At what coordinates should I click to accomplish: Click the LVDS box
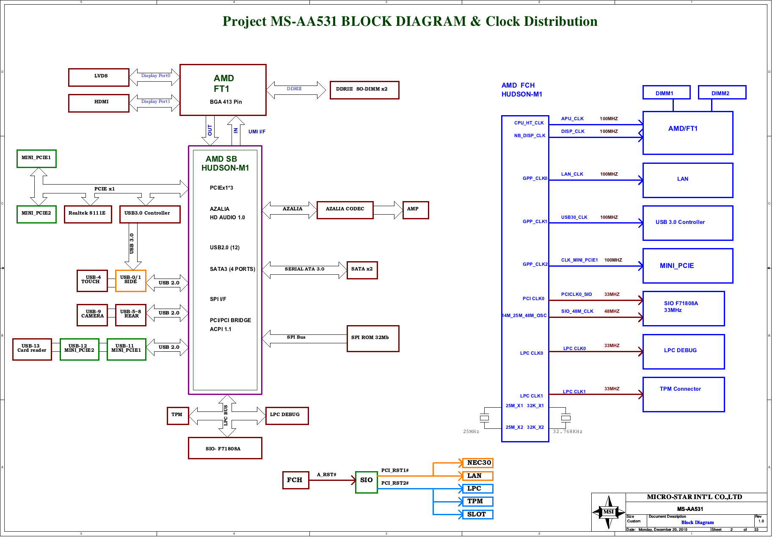click(99, 77)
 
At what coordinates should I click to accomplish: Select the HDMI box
click(99, 103)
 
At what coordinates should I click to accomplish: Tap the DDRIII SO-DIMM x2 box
click(364, 90)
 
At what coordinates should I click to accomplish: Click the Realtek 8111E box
click(88, 214)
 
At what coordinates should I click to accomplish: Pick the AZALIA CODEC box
click(345, 210)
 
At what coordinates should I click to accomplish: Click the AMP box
click(416, 210)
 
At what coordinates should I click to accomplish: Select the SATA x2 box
click(362, 270)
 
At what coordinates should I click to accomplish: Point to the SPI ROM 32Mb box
click(373, 339)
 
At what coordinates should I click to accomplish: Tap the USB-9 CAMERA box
click(92, 315)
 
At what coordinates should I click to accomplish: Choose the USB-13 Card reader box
click(32, 350)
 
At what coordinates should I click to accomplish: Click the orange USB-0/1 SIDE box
click(131, 281)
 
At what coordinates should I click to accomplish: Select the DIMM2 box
click(722, 92)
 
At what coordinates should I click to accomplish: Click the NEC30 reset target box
click(478, 463)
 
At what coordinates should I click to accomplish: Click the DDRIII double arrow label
click(294, 89)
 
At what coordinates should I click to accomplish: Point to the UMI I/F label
click(257, 132)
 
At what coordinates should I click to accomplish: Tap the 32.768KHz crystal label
click(568, 432)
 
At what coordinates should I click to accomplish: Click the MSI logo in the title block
click(609, 512)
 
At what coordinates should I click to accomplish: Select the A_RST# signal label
click(326, 475)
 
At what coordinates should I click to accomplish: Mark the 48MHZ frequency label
click(612, 312)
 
